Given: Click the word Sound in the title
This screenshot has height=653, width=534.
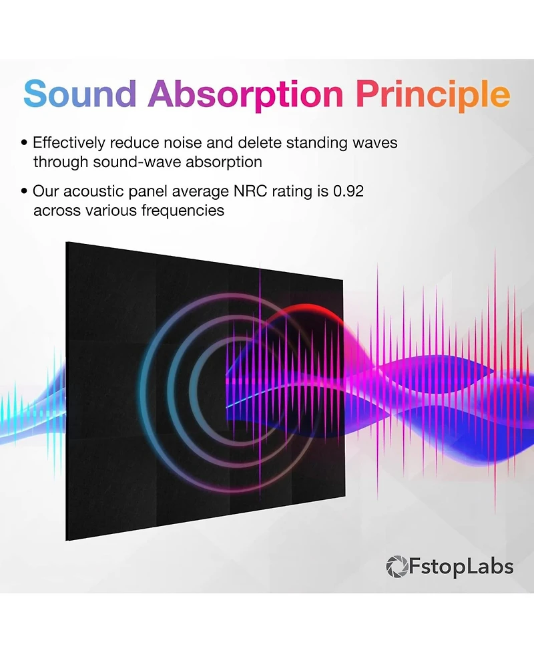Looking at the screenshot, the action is [80, 94].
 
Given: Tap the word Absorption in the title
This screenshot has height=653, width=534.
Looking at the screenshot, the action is [246, 96].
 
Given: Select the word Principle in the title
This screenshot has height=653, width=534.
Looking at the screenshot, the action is [433, 96].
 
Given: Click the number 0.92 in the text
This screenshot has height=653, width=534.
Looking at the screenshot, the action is [348, 191].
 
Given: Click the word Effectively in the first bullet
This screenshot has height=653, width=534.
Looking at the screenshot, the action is [69, 143].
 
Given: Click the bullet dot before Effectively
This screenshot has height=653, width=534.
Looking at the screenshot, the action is [25, 143].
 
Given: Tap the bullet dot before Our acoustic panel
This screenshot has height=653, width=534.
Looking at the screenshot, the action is [25, 192].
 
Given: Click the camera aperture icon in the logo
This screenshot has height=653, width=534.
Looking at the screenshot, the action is [396, 567].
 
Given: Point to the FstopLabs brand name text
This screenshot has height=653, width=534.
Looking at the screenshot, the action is [461, 567].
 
